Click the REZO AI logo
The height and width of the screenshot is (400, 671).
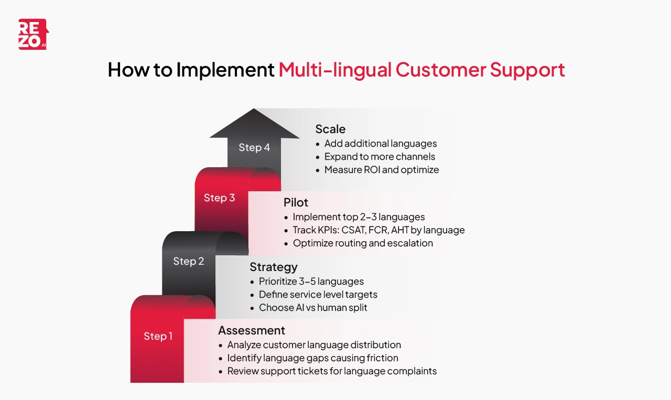tap(33, 35)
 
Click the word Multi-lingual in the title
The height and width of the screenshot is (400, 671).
tap(334, 70)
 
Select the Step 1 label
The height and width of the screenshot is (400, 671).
tap(158, 336)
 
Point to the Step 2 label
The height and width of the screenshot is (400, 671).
tap(188, 261)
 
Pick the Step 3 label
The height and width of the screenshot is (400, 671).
tap(219, 198)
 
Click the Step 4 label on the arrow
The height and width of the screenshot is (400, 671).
tap(254, 147)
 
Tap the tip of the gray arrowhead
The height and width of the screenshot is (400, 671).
tap(254, 110)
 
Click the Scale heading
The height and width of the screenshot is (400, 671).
tap(330, 129)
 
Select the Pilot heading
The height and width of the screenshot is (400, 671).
tap(296, 202)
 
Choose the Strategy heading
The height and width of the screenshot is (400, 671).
tap(273, 267)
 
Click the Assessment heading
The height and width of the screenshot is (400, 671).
tap(252, 330)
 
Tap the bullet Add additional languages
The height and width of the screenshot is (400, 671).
tap(380, 144)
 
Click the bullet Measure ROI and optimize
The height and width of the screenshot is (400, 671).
tap(381, 170)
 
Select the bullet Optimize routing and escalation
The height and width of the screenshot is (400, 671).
tap(363, 243)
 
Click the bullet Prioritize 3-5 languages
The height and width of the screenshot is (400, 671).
tap(311, 282)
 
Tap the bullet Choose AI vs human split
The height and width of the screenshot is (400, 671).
tap(313, 308)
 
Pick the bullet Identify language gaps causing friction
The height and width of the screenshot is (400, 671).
tap(312, 358)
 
